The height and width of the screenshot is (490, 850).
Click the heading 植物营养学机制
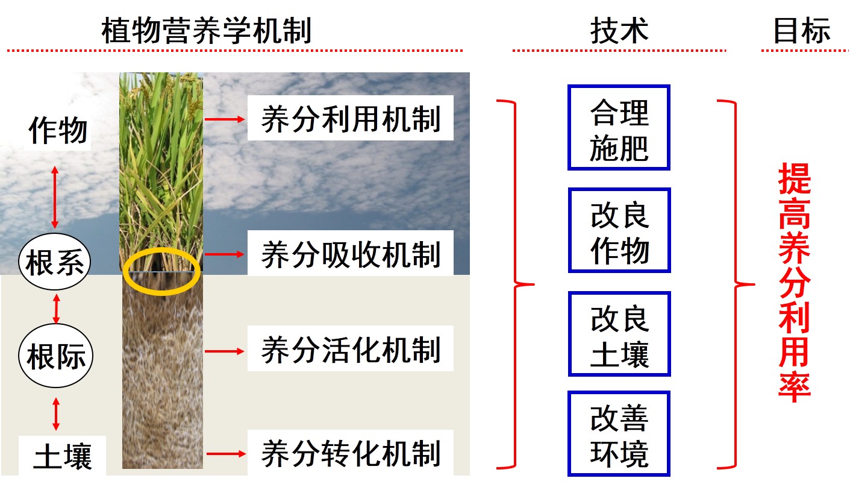pos(207,30)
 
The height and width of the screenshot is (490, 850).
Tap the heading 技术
pos(619,30)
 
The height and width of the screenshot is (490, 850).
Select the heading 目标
pos(802,30)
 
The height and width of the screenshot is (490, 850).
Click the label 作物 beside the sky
pos(58,130)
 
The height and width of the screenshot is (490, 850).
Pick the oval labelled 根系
pos(55,262)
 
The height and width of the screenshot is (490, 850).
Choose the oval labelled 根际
pos(56,356)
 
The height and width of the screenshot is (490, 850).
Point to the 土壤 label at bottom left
pos(63,456)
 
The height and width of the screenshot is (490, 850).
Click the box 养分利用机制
pos(350,118)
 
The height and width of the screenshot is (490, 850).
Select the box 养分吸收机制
pos(350,253)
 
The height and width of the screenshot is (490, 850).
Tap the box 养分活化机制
pos(350,348)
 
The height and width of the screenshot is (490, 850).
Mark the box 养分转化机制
pos(350,453)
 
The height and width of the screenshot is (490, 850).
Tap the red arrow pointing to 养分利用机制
pos(225,119)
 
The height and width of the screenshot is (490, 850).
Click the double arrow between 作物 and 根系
pos(55,197)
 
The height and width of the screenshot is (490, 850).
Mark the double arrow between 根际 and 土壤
pos(56,413)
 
